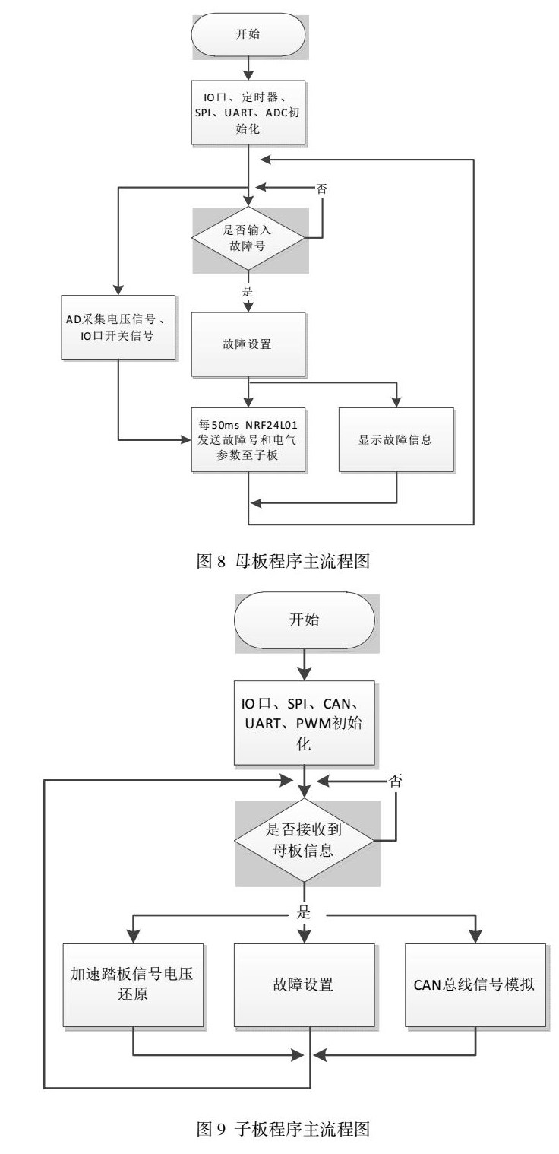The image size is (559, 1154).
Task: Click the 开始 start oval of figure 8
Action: [248, 33]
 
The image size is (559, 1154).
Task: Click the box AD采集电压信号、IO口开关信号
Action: [118, 327]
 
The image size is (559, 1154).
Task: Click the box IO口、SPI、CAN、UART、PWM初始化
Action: [304, 721]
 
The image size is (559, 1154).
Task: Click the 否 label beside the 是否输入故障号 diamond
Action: [322, 189]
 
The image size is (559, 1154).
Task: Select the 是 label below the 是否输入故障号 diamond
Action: [248, 290]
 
